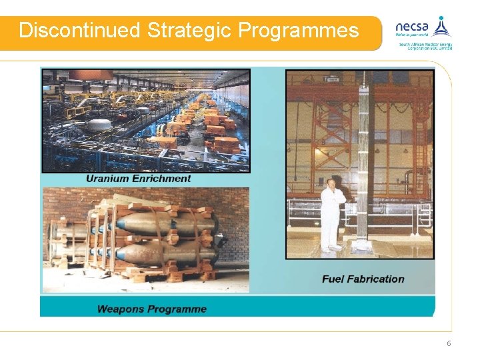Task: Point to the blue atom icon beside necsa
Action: pyautogui.click(x=441, y=27)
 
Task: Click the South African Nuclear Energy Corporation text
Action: pyautogui.click(x=425, y=46)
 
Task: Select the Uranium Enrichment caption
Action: pyautogui.click(x=138, y=178)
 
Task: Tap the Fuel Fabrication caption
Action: pyautogui.click(x=363, y=279)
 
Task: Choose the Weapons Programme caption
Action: pyautogui.click(x=151, y=309)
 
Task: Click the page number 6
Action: pyautogui.click(x=449, y=343)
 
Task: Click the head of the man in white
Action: pyautogui.click(x=331, y=182)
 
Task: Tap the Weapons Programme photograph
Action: pyautogui.click(x=145, y=240)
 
